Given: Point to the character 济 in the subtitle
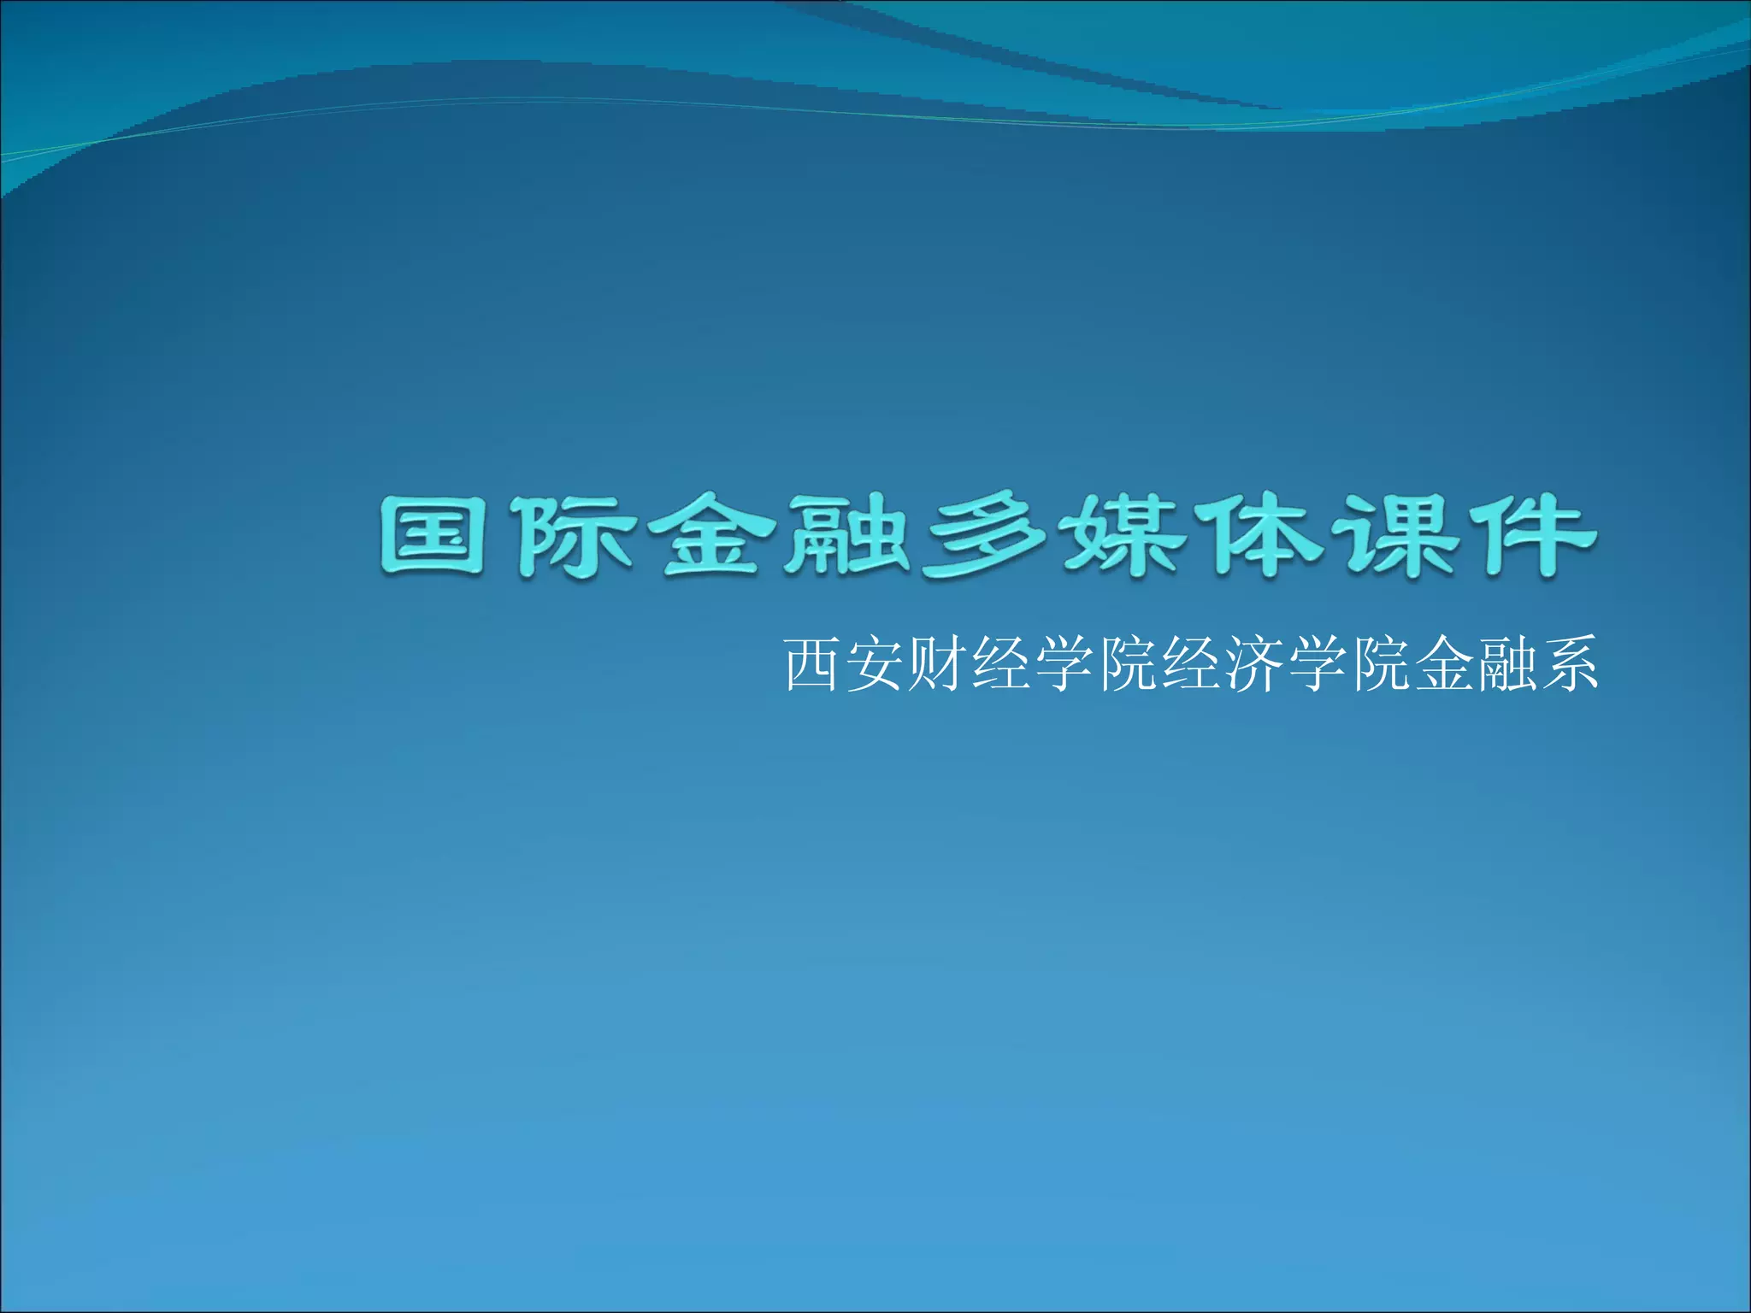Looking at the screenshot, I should pyautogui.click(x=1255, y=664).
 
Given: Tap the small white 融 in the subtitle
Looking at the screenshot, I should pyautogui.click(x=1507, y=664).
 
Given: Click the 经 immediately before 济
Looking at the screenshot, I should pyautogui.click(x=1192, y=664).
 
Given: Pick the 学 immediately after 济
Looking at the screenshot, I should pyautogui.click(x=1318, y=664).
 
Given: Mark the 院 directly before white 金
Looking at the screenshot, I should pyautogui.click(x=1382, y=664).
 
